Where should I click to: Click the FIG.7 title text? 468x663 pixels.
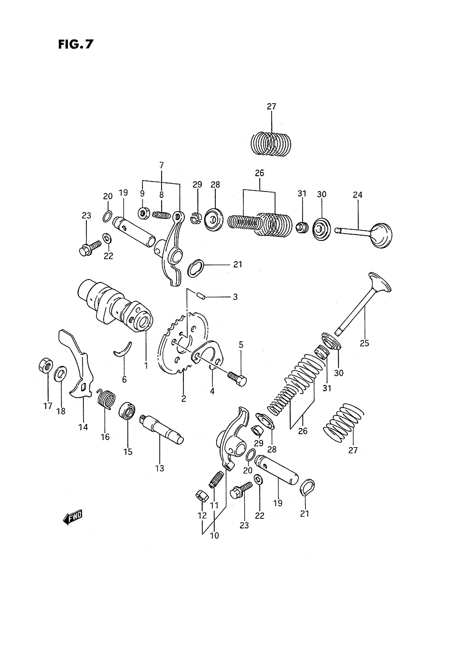click(76, 44)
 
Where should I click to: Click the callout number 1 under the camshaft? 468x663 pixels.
click(146, 365)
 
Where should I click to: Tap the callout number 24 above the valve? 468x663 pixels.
click(357, 195)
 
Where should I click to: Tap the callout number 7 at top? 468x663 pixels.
click(161, 165)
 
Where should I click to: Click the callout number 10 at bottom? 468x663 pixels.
click(214, 535)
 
